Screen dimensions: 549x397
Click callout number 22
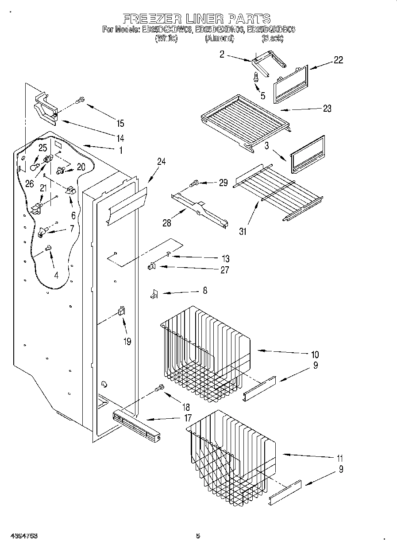(x=338, y=60)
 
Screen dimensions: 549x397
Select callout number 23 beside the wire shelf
(x=327, y=109)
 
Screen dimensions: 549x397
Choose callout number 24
(x=161, y=162)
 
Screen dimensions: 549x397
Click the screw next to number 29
(x=194, y=182)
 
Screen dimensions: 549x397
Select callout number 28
(x=167, y=223)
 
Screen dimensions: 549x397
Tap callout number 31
(x=243, y=230)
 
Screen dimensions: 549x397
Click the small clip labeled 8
(x=154, y=293)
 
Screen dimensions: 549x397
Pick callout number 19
(x=127, y=342)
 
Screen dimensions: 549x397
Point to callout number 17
(x=188, y=417)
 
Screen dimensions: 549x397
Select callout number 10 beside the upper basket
(x=315, y=354)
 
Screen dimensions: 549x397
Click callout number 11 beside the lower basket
(x=339, y=458)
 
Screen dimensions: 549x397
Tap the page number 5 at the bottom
(x=198, y=536)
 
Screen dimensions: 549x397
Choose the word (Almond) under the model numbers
(x=219, y=39)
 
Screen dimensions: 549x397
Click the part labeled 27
(x=151, y=266)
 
